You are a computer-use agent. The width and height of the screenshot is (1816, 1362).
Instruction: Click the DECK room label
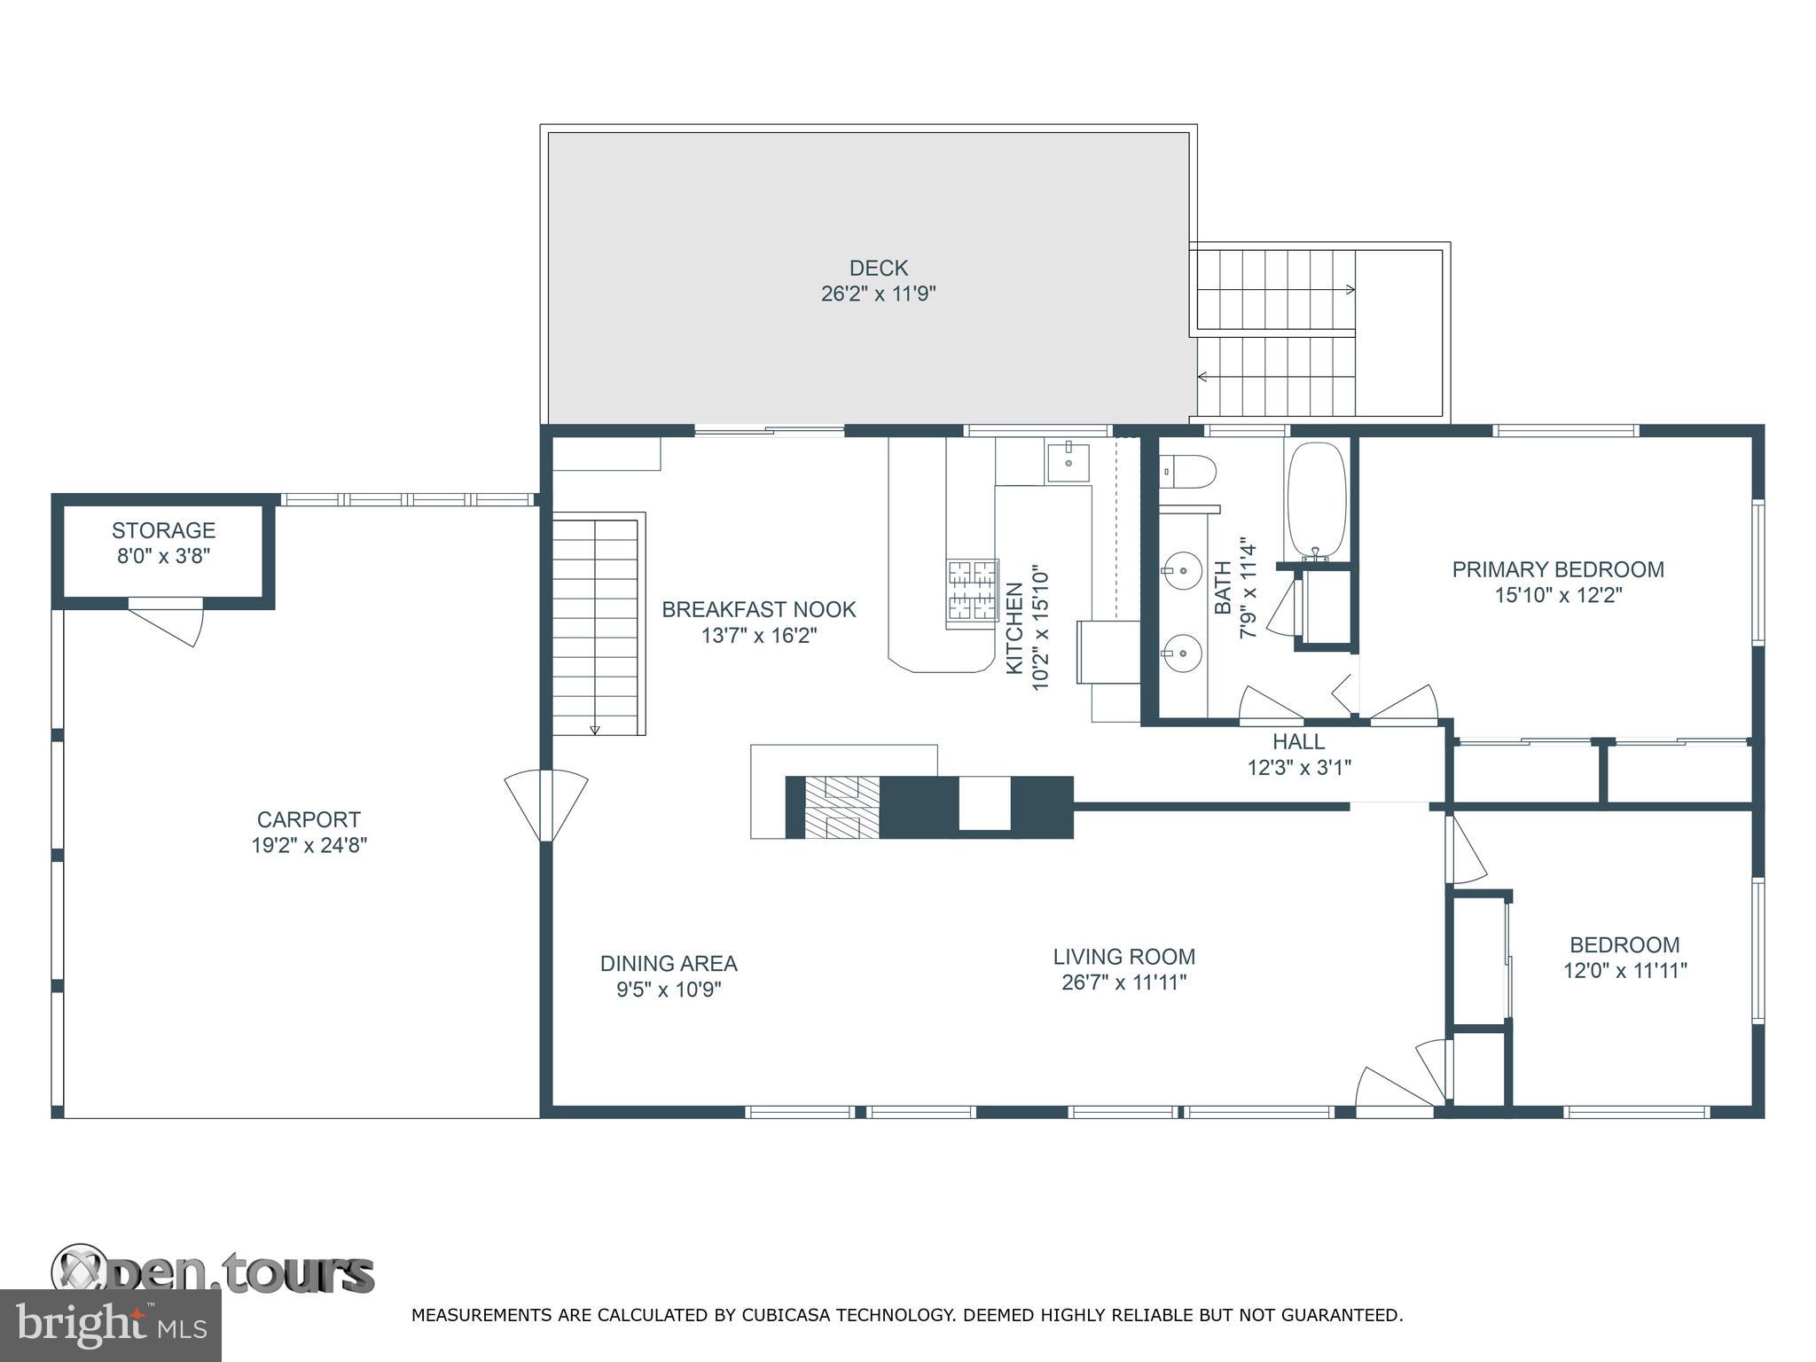click(x=878, y=268)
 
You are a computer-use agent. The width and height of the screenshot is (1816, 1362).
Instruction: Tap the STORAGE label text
click(x=163, y=530)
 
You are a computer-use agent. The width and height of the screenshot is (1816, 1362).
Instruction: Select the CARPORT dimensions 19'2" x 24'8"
click(x=309, y=845)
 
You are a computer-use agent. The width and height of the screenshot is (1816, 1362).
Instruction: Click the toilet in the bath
click(x=1187, y=471)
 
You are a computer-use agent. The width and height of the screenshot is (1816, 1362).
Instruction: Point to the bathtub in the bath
click(x=1316, y=499)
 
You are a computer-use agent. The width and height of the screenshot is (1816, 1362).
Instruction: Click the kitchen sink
click(x=1068, y=463)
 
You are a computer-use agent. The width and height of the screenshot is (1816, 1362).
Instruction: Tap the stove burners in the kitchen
click(x=972, y=590)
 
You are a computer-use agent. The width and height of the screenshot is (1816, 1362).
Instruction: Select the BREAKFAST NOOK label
click(x=759, y=609)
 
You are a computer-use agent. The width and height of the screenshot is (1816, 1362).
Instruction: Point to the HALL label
click(x=1298, y=741)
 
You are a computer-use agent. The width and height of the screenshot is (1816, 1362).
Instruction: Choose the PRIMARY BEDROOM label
click(x=1557, y=569)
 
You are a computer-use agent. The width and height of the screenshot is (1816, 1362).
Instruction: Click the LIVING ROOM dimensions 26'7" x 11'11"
click(x=1123, y=982)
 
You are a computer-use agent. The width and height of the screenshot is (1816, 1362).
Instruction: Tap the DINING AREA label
click(x=669, y=963)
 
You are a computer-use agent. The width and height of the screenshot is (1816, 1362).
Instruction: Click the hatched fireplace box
click(x=841, y=807)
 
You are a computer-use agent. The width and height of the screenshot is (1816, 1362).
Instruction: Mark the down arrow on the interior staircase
click(x=594, y=729)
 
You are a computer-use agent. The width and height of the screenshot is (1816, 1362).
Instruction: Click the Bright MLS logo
click(x=110, y=1325)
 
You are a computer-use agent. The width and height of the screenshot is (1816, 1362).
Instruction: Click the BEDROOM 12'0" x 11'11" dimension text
click(x=1624, y=971)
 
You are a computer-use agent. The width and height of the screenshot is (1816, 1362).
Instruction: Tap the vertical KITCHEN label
click(x=1014, y=628)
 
